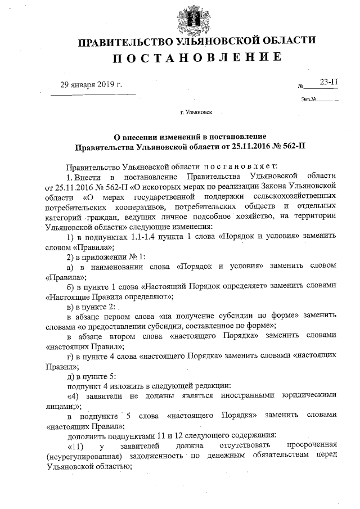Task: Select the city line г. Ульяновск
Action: pos(196,112)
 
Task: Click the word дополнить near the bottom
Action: pos(85,436)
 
